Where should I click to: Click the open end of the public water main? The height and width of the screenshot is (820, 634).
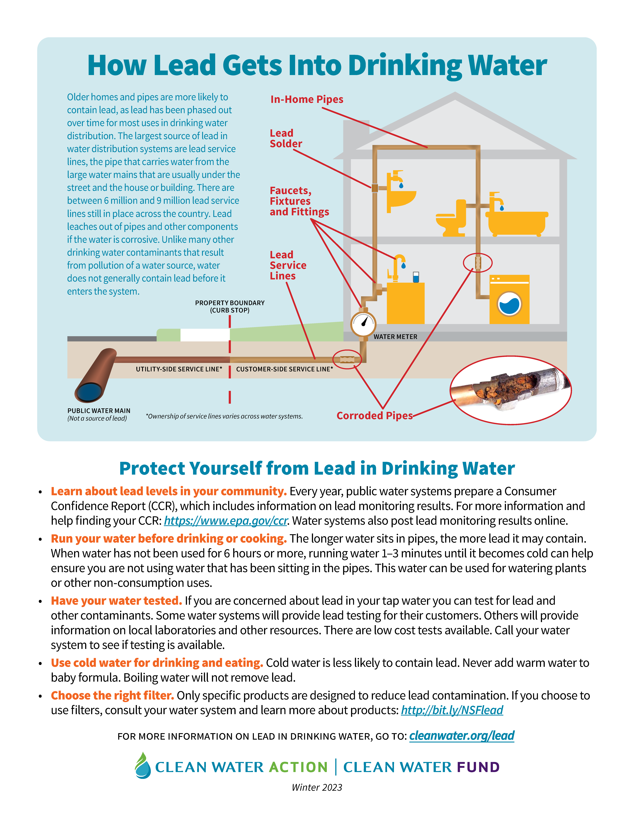point(89,392)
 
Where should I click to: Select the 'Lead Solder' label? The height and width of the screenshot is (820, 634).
point(285,139)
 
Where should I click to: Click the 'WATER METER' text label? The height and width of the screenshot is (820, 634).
point(395,337)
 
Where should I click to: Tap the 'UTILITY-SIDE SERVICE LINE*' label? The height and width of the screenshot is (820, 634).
point(179,369)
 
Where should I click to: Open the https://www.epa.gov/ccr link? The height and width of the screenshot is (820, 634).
point(226,521)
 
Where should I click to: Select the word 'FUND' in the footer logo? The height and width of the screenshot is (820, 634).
point(478,767)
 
